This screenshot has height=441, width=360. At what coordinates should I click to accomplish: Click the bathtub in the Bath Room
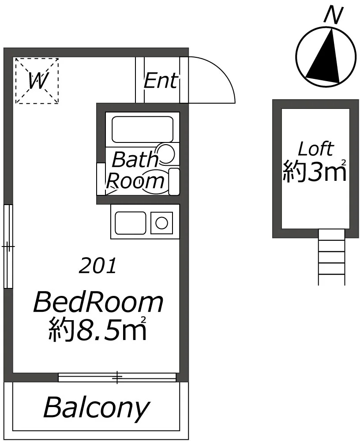click(142, 130)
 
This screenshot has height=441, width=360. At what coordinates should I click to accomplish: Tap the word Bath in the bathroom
click(135, 160)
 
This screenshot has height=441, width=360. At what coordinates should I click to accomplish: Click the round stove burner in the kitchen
click(162, 223)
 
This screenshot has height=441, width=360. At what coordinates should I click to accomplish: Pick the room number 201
click(97, 266)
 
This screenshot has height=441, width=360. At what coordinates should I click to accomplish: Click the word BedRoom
click(98, 303)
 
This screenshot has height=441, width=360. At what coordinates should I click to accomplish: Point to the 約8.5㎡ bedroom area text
click(97, 329)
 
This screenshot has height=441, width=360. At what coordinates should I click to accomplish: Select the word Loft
click(316, 149)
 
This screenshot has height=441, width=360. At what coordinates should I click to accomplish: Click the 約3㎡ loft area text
click(315, 171)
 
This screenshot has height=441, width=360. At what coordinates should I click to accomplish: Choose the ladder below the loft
click(332, 258)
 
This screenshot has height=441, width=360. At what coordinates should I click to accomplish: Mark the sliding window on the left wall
click(8, 247)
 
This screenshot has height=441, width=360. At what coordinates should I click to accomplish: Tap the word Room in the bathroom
click(135, 181)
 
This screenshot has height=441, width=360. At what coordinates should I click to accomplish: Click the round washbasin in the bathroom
click(166, 153)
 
